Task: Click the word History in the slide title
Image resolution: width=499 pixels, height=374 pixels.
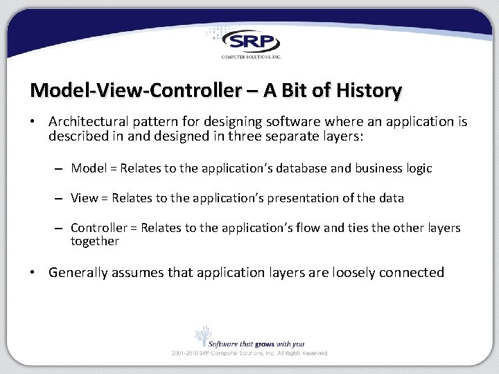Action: pyautogui.click(x=368, y=90)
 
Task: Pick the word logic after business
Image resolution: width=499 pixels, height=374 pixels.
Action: pyautogui.click(x=417, y=168)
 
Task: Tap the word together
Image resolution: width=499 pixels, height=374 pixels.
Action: pyautogui.click(x=95, y=241)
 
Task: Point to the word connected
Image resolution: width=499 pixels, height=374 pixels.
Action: pyautogui.click(x=412, y=273)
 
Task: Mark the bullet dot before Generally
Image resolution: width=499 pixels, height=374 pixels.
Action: pyautogui.click(x=33, y=273)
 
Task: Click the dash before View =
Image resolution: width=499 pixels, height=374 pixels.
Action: pyautogui.click(x=60, y=199)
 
